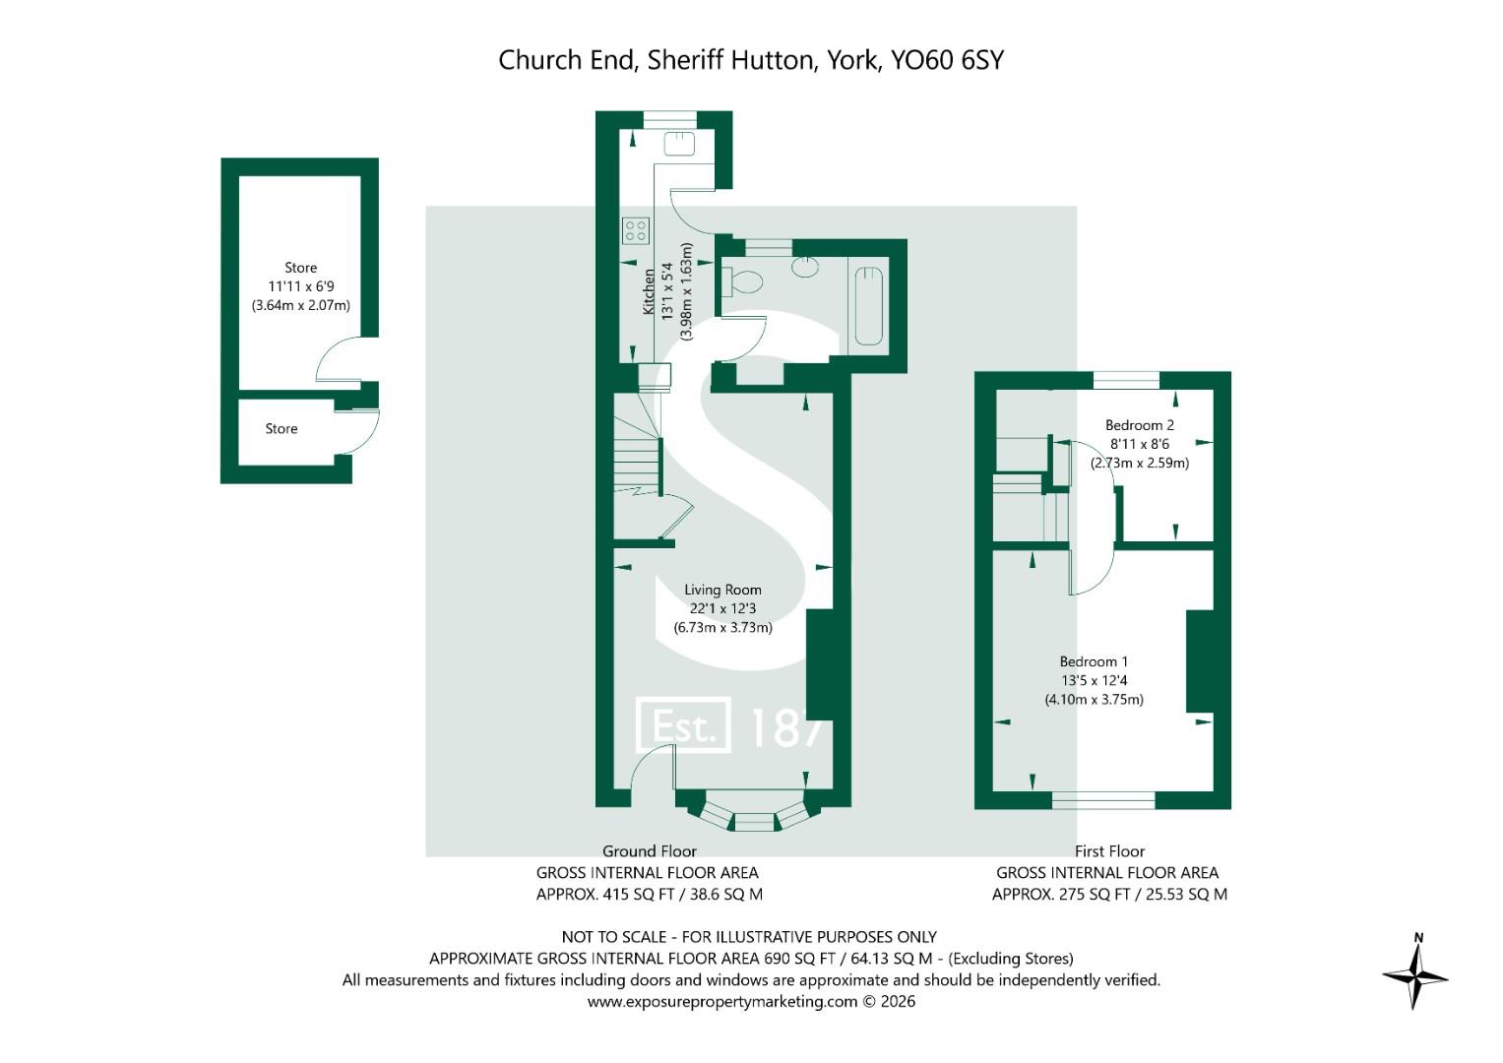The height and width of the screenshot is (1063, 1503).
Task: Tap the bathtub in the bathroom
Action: pos(869,306)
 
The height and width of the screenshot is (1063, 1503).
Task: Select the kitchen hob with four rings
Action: pos(636,231)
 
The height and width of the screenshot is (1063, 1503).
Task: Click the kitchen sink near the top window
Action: pos(679,143)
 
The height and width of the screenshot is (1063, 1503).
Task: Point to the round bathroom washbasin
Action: pos(805,266)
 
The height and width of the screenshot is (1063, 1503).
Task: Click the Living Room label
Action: pos(722,590)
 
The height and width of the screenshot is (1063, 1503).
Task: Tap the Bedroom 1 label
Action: pos(1094,661)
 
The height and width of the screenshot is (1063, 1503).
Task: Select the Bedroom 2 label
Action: pos(1140,425)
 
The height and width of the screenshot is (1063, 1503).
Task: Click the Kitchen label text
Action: pos(649,292)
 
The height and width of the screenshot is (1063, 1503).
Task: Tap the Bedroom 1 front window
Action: pos(1103,800)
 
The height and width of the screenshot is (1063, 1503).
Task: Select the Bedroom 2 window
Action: pos(1126,381)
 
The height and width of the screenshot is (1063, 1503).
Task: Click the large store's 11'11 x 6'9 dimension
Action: pos(300,286)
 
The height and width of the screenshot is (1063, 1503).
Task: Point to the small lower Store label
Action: pos(282,429)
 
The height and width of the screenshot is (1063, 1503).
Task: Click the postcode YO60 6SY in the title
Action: pos(947,60)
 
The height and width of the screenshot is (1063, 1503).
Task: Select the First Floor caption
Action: pos(1109,851)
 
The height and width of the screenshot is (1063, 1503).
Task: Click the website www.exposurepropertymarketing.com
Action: pos(722,1002)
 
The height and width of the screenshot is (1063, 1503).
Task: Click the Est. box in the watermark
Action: pos(683,724)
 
